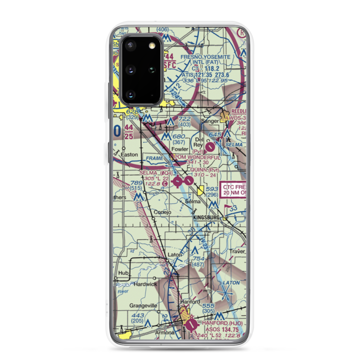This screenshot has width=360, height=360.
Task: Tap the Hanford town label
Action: click(190, 302)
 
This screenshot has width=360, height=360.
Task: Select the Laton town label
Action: click(175, 255)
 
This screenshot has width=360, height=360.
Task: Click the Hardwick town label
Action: click(145, 284)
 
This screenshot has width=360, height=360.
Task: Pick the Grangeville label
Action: click(143, 306)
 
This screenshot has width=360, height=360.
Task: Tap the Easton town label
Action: click(129, 154)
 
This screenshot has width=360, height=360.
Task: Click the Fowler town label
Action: click(180, 149)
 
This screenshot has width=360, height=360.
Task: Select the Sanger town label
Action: click(210, 121)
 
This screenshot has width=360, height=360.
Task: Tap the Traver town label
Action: click(238, 251)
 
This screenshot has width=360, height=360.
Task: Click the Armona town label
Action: click(165, 333)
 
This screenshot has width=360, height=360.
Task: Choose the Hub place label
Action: click(123, 273)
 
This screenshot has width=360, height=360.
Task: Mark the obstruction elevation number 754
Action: click(198, 259)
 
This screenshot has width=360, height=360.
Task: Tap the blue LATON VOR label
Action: click(231, 283)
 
